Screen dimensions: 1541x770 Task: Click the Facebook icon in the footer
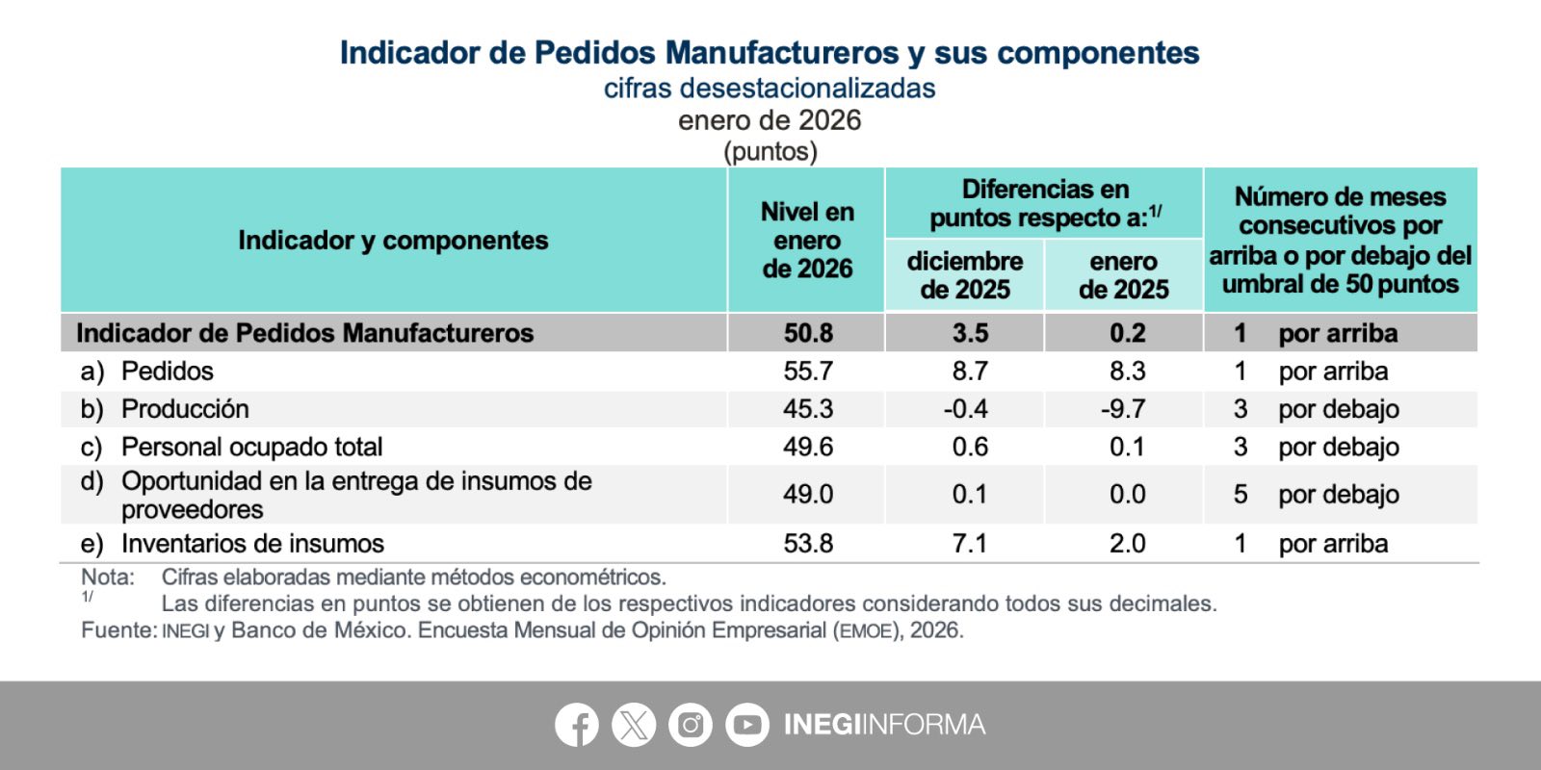pyautogui.click(x=577, y=725)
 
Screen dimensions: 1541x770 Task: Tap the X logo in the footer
pyautogui.click(x=634, y=725)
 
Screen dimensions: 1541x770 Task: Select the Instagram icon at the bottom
pyautogui.click(x=690, y=725)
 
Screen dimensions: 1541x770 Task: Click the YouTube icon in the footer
pyautogui.click(x=747, y=725)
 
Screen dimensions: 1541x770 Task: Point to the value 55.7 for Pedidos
pyautogui.click(x=808, y=372)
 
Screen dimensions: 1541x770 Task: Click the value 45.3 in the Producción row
pyautogui.click(x=808, y=409)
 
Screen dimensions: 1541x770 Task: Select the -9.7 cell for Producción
pyautogui.click(x=1123, y=409)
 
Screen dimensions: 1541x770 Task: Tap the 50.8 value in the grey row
pyautogui.click(x=808, y=333)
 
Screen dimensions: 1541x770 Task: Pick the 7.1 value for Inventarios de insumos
pyautogui.click(x=969, y=544)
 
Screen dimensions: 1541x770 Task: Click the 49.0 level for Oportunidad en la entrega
pyautogui.click(x=808, y=495)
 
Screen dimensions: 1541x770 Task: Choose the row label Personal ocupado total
pyautogui.click(x=251, y=447)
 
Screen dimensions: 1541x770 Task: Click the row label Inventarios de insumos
pyautogui.click(x=252, y=544)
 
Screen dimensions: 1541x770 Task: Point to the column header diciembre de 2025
pyautogui.click(x=964, y=275)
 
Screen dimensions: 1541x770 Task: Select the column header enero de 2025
pyautogui.click(x=1123, y=275)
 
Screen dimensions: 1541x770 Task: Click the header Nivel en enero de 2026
pyautogui.click(x=807, y=241)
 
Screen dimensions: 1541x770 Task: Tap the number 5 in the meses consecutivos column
pyautogui.click(x=1241, y=495)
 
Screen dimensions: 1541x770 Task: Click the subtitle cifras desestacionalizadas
pyautogui.click(x=770, y=89)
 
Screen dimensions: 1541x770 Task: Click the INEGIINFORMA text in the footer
pyautogui.click(x=885, y=725)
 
